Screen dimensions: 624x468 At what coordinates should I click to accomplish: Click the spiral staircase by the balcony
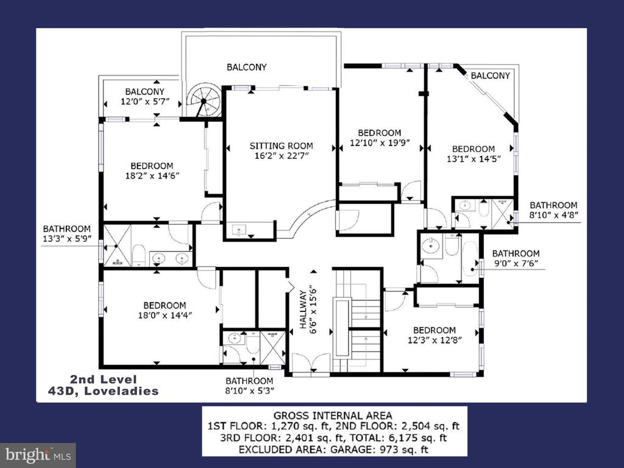click(204, 100)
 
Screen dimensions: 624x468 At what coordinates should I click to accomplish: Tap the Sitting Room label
click(282, 146)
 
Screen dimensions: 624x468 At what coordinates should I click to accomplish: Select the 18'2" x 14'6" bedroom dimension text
click(152, 175)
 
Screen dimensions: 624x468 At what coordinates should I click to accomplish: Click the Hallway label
click(303, 310)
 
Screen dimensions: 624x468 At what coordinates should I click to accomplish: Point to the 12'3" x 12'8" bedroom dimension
click(434, 340)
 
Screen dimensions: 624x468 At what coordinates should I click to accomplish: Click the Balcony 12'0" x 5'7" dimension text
click(145, 102)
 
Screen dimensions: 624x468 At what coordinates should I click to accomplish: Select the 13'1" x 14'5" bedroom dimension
click(473, 159)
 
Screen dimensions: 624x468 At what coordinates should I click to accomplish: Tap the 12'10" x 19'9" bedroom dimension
click(380, 143)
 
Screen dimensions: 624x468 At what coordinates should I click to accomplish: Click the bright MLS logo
click(38, 455)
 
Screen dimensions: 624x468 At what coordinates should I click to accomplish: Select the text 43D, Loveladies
click(103, 391)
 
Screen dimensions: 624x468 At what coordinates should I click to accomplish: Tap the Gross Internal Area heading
click(333, 416)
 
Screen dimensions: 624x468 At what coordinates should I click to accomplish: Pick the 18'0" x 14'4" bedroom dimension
click(165, 315)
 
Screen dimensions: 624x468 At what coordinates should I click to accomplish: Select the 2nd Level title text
click(103, 380)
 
